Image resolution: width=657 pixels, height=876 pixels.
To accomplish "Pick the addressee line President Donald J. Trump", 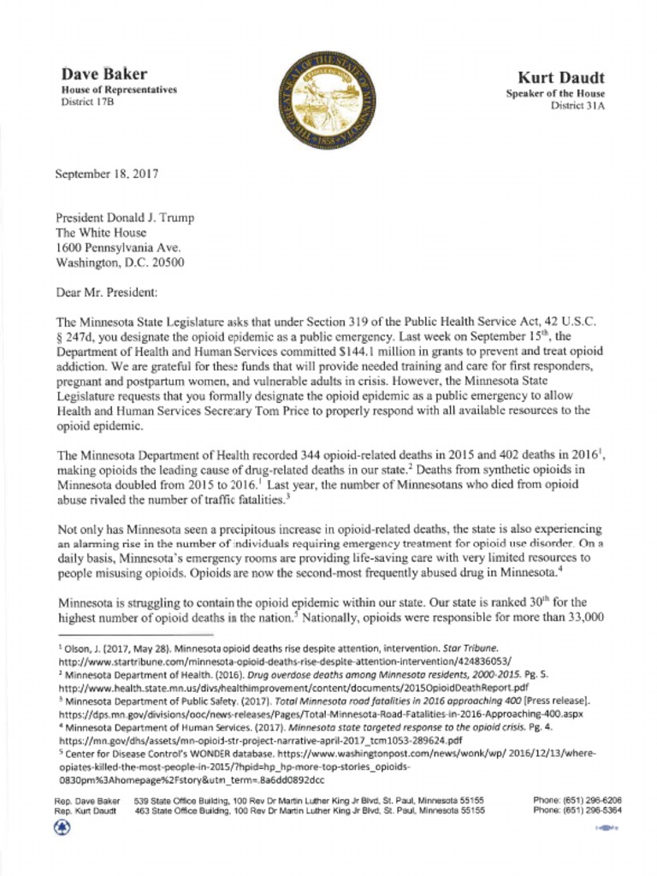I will [125, 217].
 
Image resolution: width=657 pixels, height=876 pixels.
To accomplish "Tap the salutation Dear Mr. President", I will [106, 293].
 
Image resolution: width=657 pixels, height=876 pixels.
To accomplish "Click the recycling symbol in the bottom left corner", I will [62, 826].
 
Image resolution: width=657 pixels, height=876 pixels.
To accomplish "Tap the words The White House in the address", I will [101, 233].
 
